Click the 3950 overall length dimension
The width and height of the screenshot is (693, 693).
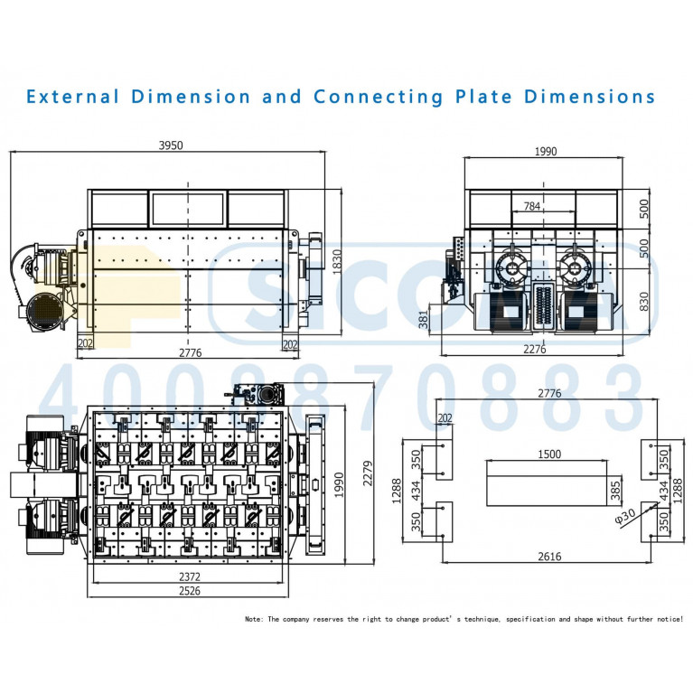(x=171, y=145)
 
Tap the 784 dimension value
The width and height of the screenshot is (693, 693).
(x=532, y=206)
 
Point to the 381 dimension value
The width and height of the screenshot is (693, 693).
(x=422, y=319)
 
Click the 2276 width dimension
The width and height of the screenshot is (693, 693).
(x=535, y=350)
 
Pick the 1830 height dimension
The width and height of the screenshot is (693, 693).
(x=337, y=262)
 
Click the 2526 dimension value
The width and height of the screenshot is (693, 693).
(x=188, y=592)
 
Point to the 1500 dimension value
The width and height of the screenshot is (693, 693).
(x=548, y=454)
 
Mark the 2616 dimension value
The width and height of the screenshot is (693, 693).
(x=548, y=556)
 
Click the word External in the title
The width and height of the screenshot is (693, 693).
(x=72, y=97)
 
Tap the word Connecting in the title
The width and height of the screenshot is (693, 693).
(x=379, y=97)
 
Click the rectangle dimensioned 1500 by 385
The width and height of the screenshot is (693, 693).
(x=547, y=484)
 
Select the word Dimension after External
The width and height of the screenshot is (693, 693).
(x=191, y=97)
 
